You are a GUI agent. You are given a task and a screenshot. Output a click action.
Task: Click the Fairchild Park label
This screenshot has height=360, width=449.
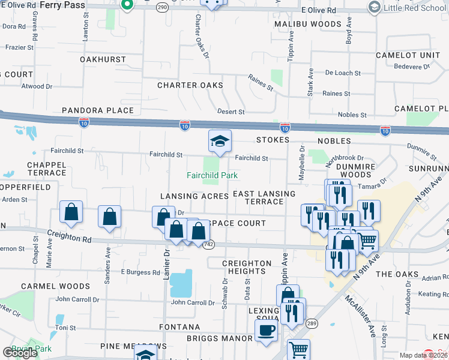tap(212, 175)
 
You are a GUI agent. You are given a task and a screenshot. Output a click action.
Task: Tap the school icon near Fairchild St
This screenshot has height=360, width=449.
tap(220, 142)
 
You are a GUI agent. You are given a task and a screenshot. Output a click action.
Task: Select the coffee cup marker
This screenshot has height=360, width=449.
tap(266, 329)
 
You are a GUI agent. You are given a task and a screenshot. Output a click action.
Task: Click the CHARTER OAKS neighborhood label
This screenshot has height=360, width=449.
tap(190, 85)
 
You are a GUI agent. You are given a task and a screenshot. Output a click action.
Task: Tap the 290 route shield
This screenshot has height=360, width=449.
tap(162, 7)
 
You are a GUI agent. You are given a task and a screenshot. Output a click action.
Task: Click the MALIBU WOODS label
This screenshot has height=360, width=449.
tap(308, 24)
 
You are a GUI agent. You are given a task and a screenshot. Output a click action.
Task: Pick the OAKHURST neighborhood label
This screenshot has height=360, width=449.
tap(103, 59)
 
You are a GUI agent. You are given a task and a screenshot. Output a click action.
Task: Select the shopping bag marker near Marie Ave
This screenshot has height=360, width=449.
tap(71, 212)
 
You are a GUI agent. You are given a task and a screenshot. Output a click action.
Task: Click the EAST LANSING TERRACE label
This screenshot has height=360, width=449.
tap(264, 197)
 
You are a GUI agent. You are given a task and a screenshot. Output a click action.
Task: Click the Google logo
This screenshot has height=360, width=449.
tap(20, 353)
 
